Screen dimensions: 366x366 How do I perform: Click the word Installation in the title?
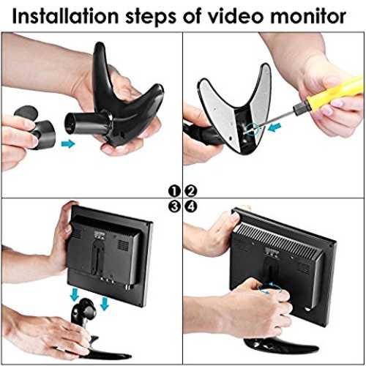point(65,17)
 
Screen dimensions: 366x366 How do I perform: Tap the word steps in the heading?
point(151,18)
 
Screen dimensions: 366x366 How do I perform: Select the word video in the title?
point(236,17)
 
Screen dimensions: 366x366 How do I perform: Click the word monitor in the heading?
point(308,17)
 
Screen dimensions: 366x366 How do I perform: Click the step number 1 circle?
point(174,191)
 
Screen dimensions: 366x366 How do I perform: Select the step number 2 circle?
point(190,191)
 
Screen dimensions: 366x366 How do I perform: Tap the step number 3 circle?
point(174,206)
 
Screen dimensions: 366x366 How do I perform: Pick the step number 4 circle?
point(190,206)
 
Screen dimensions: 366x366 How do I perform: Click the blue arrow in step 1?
point(67,143)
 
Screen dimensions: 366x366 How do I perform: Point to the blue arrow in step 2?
point(274,127)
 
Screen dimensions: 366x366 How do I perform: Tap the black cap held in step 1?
point(37,127)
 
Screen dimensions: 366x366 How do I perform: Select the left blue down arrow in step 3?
point(75,294)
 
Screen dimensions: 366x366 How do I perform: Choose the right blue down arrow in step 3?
point(105,303)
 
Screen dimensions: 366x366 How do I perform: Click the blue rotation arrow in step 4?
point(269,288)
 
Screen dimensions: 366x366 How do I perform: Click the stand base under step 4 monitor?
point(280,346)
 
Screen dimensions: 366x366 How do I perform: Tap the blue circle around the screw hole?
point(253,128)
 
